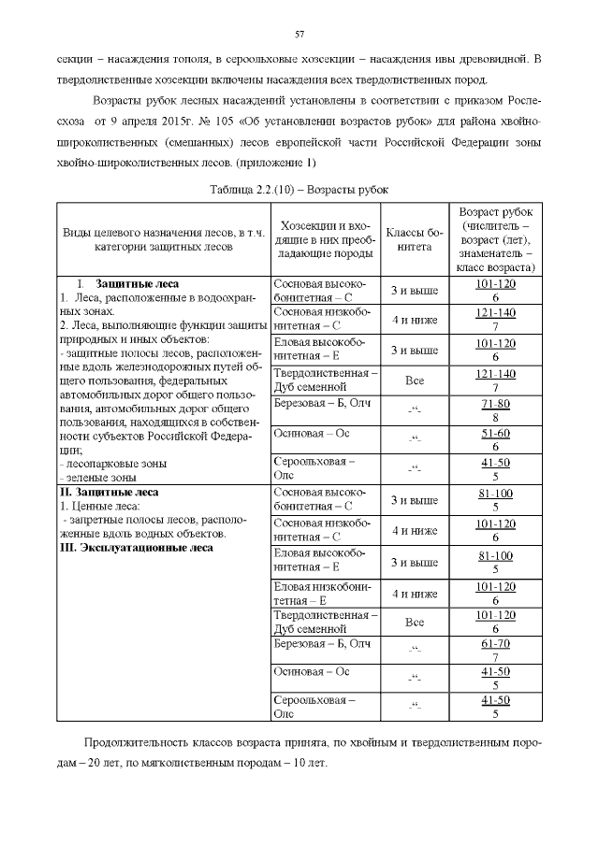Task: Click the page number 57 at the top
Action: [x=299, y=35]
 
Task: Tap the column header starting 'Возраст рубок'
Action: [x=494, y=239]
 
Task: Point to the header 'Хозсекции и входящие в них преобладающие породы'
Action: [x=325, y=239]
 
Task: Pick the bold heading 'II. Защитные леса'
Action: [x=110, y=492]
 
